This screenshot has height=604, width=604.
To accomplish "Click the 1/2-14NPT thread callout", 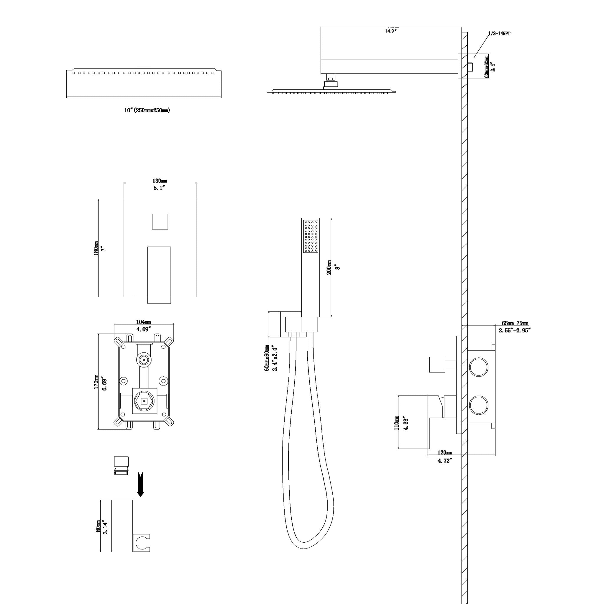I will coord(499,33).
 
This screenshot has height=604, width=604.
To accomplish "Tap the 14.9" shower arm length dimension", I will coord(390,31).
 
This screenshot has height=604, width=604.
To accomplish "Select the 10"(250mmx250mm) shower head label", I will coord(147,110).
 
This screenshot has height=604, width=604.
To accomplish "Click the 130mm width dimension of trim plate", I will coord(160,181).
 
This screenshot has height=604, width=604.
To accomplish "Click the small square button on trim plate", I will coord(160,221).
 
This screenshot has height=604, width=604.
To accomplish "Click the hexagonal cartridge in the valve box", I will coord(144,401).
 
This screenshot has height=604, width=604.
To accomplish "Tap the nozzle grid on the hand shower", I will coord(311,236).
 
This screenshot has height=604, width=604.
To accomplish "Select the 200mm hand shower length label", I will coord(329,267).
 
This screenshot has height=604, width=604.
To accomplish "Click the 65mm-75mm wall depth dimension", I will coord(515,323).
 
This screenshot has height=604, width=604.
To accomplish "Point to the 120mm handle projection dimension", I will coord(444,453).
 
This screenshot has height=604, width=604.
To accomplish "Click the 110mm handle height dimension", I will coord(397,423).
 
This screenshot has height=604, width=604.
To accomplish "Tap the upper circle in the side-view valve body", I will coord(478,368).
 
